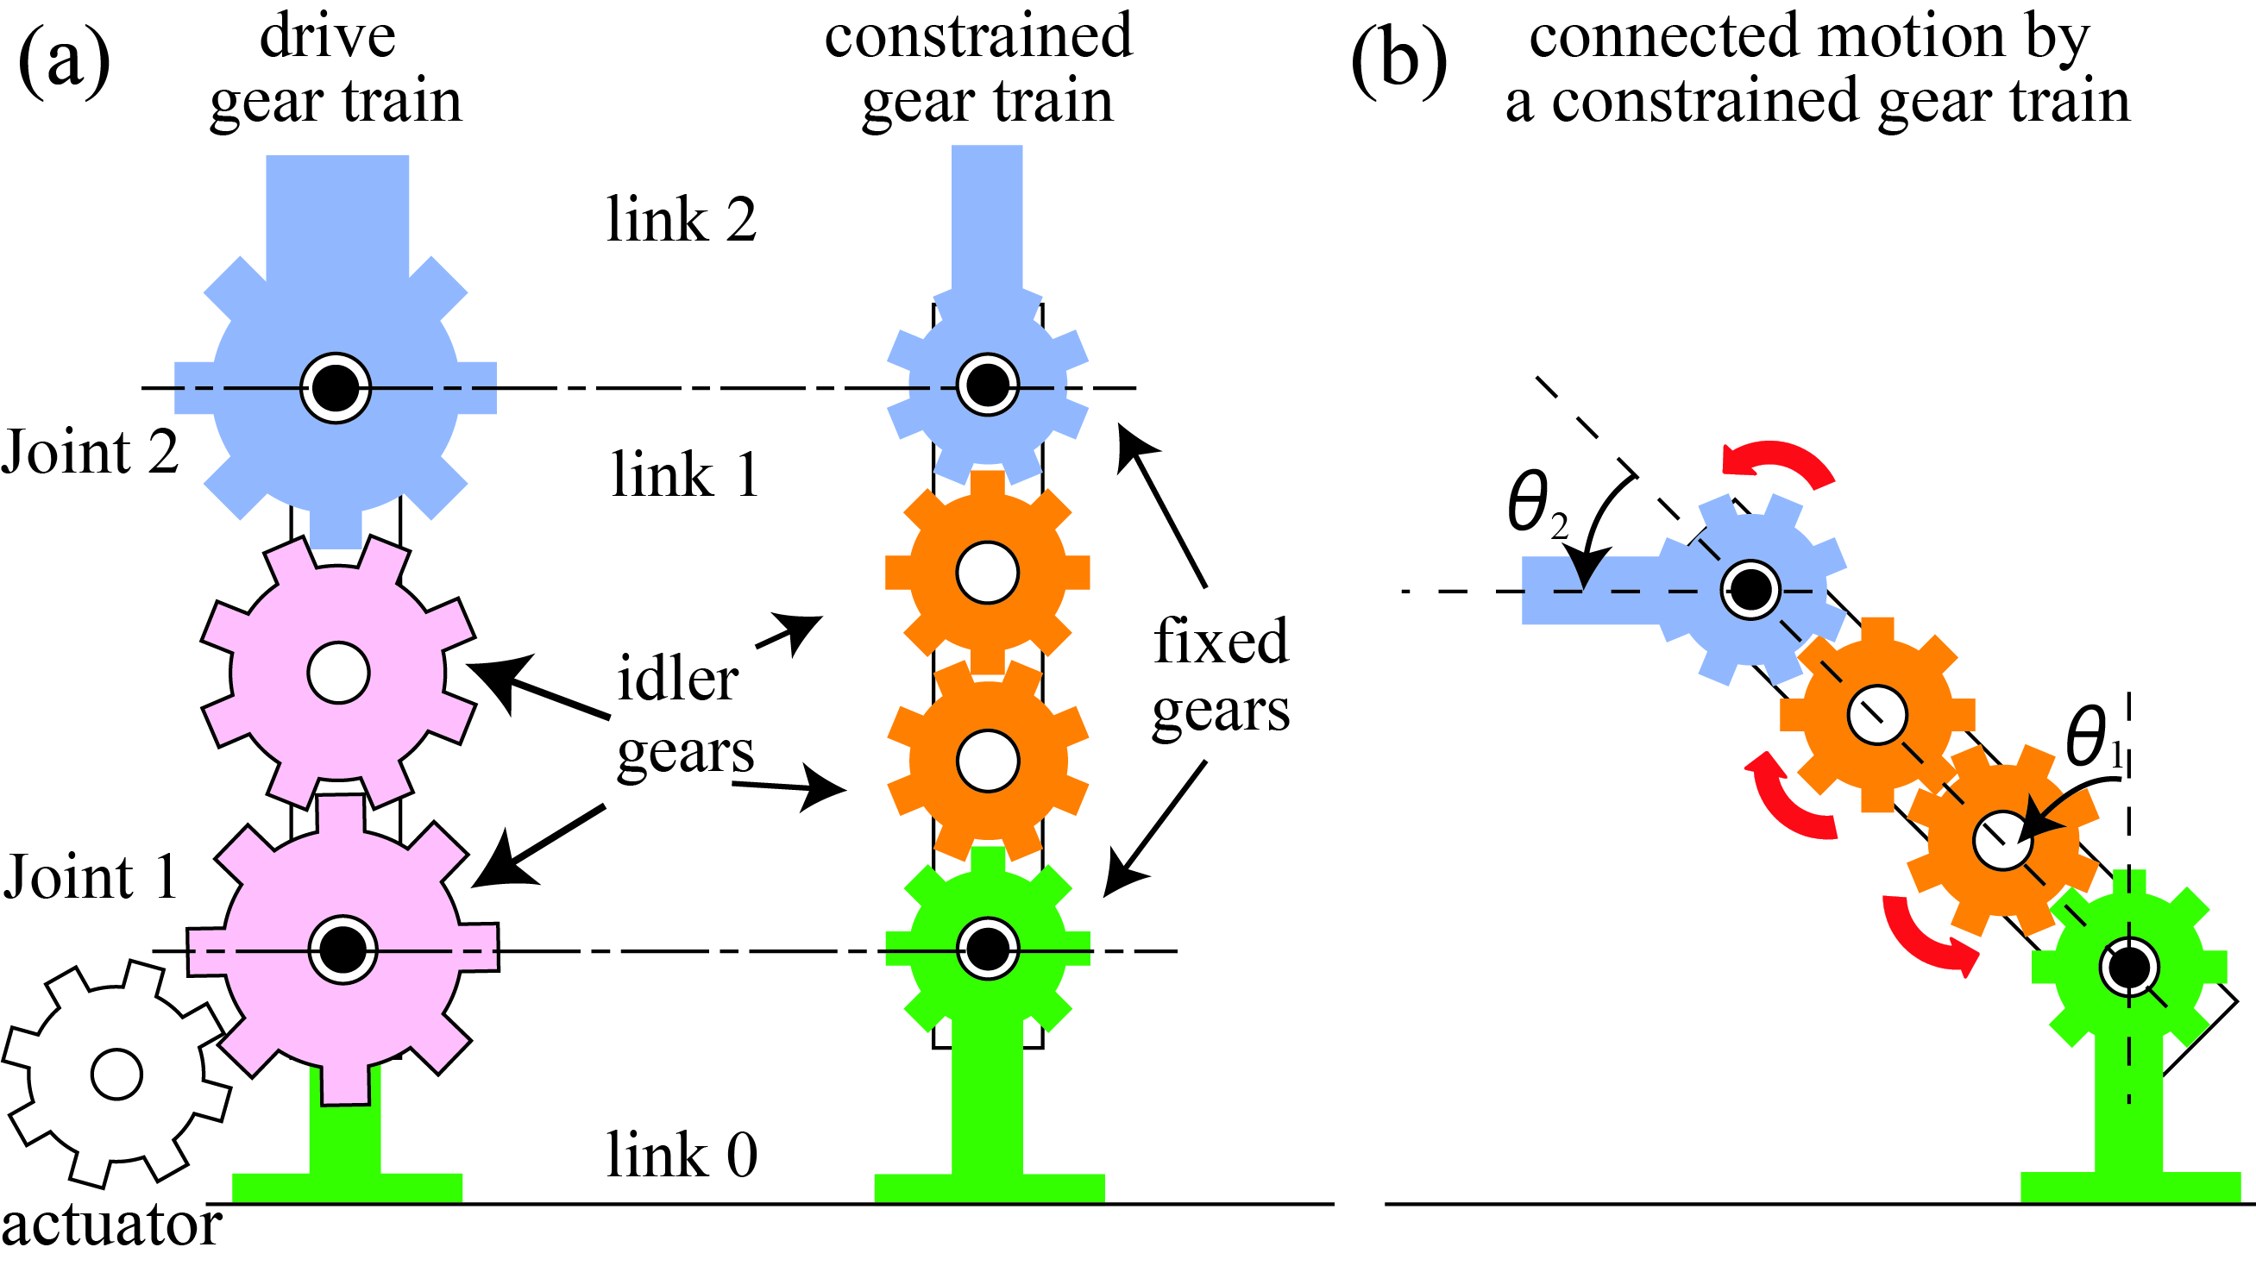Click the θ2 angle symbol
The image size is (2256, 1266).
1535,504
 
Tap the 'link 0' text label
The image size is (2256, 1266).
682,1156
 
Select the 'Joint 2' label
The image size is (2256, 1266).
90,453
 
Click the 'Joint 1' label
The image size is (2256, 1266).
90,877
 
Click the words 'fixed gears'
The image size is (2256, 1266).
1220,674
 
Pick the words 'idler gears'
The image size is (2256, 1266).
683,713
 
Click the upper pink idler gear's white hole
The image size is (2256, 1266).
338,673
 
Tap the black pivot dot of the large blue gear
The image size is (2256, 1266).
336,387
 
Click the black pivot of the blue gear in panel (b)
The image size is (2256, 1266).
1750,589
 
